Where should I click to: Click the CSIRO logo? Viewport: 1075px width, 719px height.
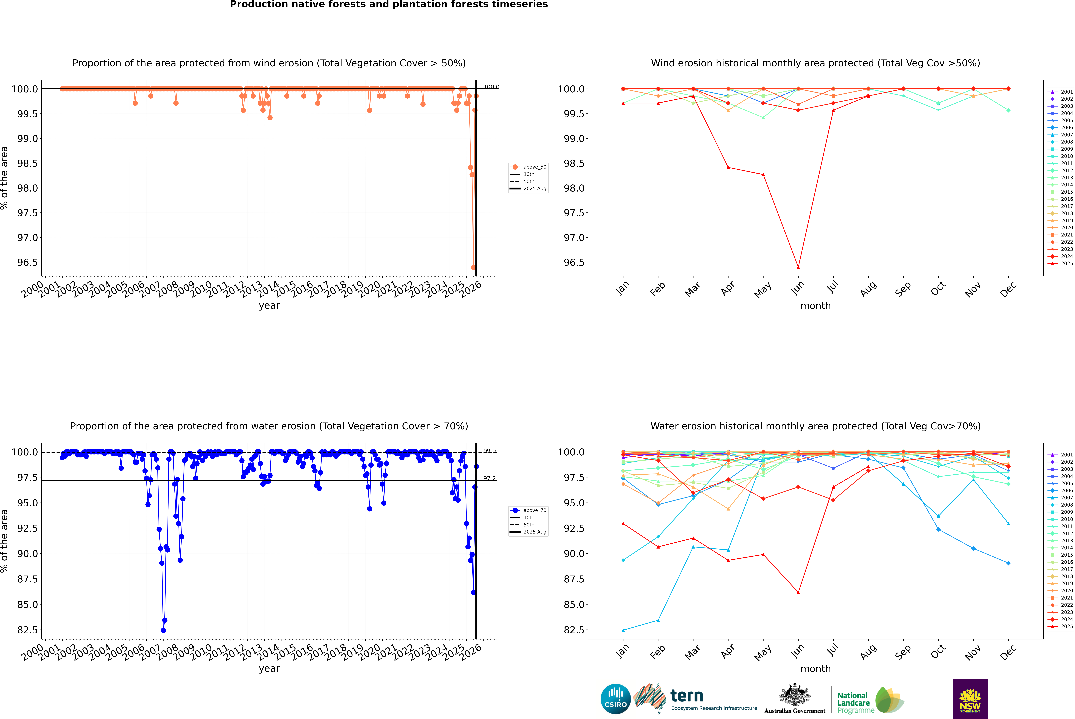pos(615,699)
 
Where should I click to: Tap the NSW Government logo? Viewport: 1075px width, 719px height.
pos(970,699)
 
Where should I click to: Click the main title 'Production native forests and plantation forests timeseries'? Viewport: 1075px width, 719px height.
pos(389,5)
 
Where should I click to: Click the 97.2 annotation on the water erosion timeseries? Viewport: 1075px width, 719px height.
pos(489,478)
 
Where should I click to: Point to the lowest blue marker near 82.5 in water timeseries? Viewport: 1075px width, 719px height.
pos(163,630)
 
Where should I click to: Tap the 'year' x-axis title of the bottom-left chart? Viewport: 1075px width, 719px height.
pos(269,669)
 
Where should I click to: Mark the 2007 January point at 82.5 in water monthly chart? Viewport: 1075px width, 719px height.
pos(623,630)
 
